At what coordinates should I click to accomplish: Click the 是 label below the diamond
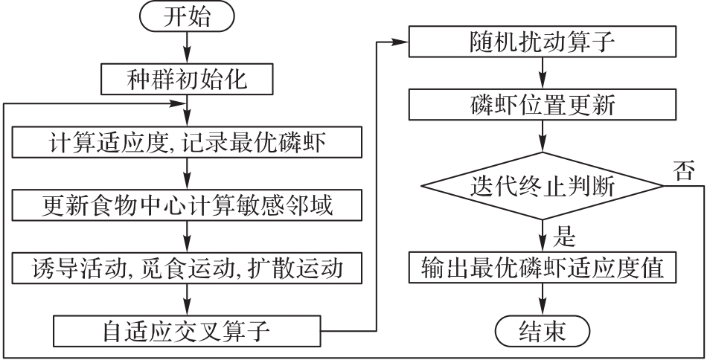[x=567, y=240]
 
